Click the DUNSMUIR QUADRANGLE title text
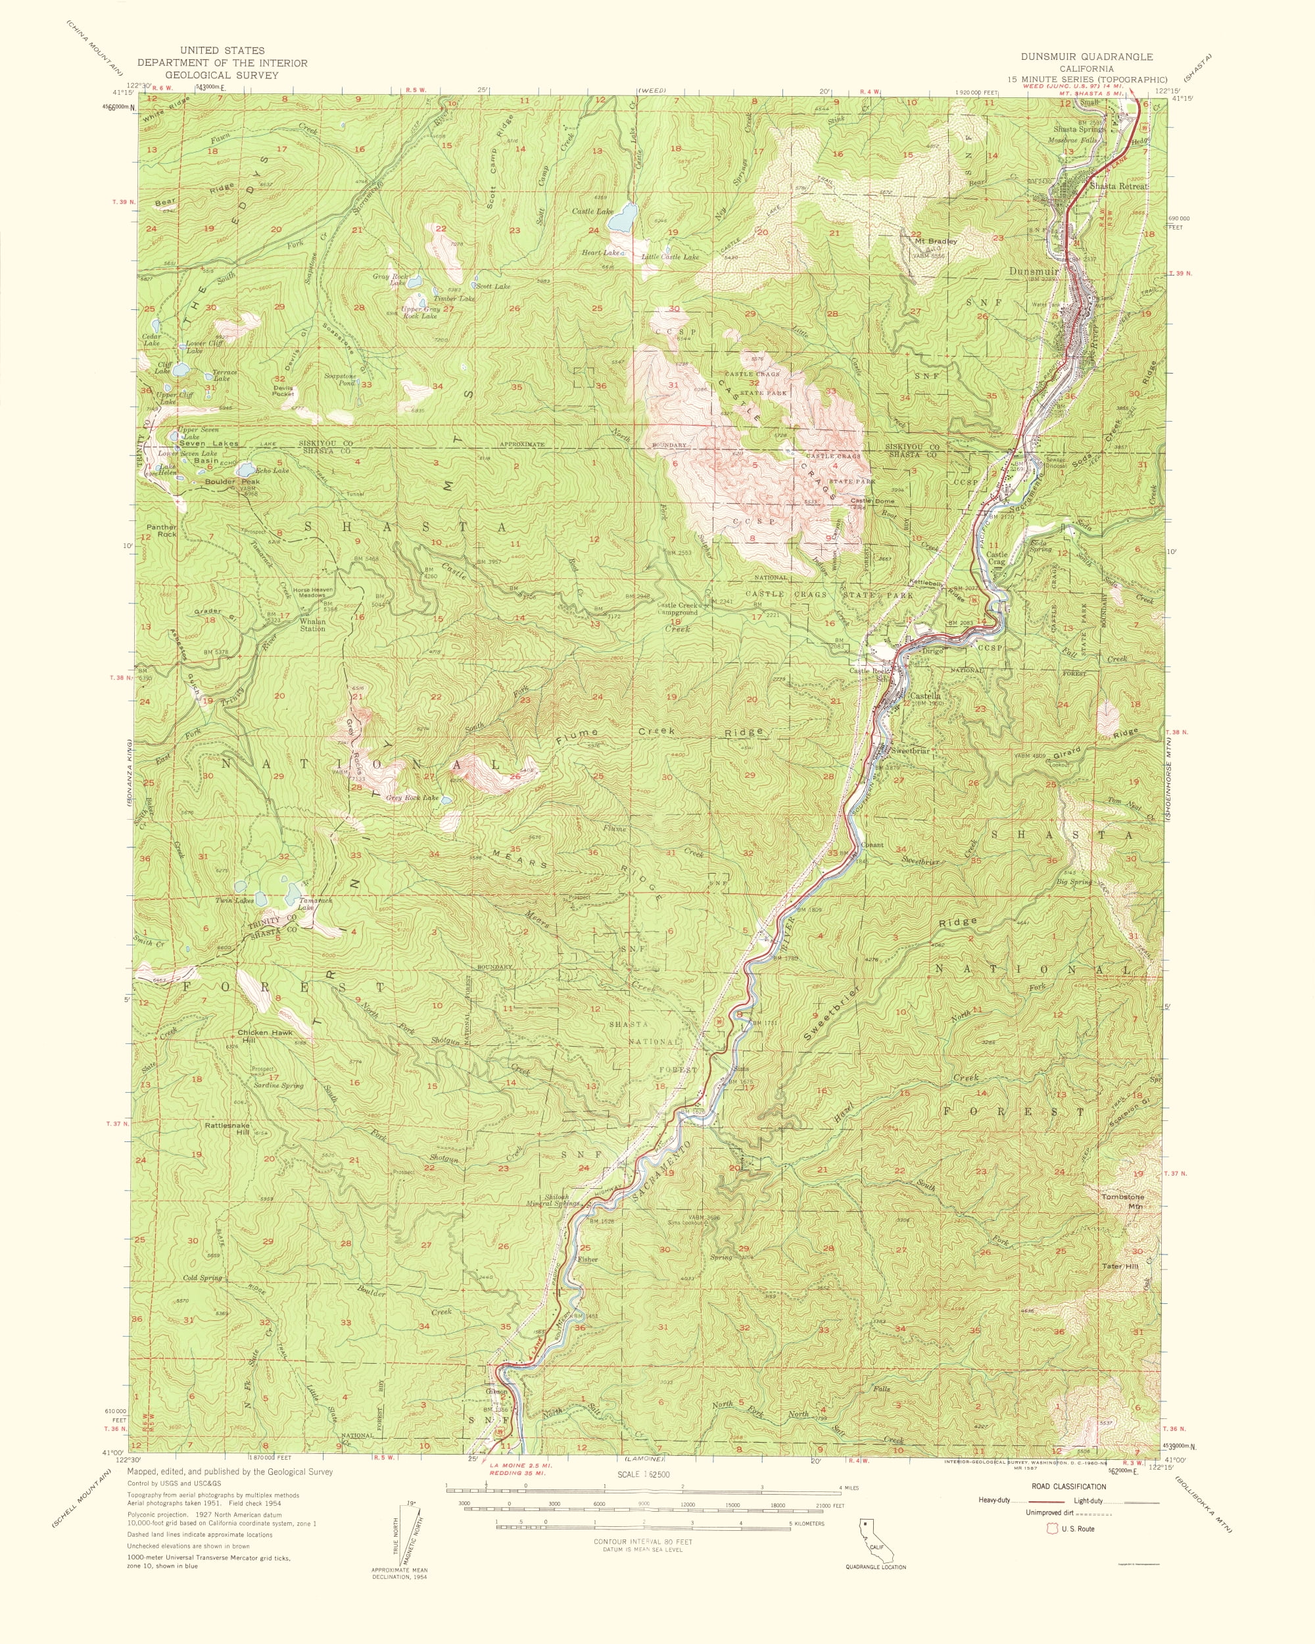tap(1087, 57)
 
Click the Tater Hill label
tap(1120, 1266)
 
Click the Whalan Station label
tap(312, 625)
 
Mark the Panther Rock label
tap(162, 531)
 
